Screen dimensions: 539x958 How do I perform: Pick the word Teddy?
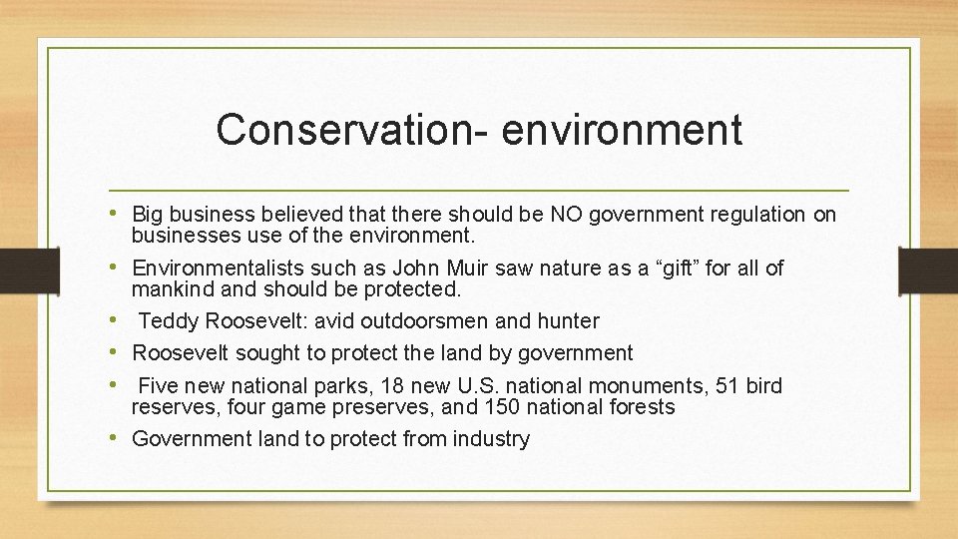[x=164, y=321]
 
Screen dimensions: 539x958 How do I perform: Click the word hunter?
[x=566, y=321]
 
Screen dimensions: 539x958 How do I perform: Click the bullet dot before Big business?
[x=119, y=215]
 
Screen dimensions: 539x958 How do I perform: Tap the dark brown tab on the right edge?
[x=928, y=269]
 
